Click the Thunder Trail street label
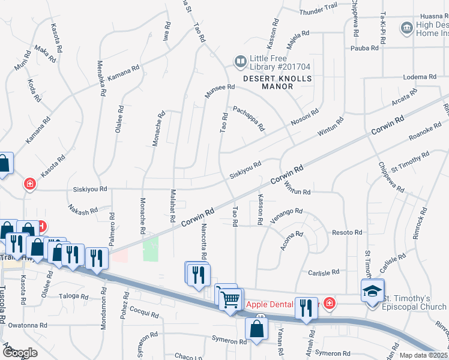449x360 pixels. pyautogui.click(x=318, y=8)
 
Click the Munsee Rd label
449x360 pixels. pyautogui.click(x=220, y=91)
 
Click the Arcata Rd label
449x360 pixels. pyautogui.click(x=403, y=97)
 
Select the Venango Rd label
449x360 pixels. pyautogui.click(x=286, y=215)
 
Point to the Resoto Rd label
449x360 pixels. pyautogui.click(x=347, y=232)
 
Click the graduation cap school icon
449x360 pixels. pyautogui.click(x=372, y=292)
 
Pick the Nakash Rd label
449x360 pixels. pyautogui.click(x=83, y=209)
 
